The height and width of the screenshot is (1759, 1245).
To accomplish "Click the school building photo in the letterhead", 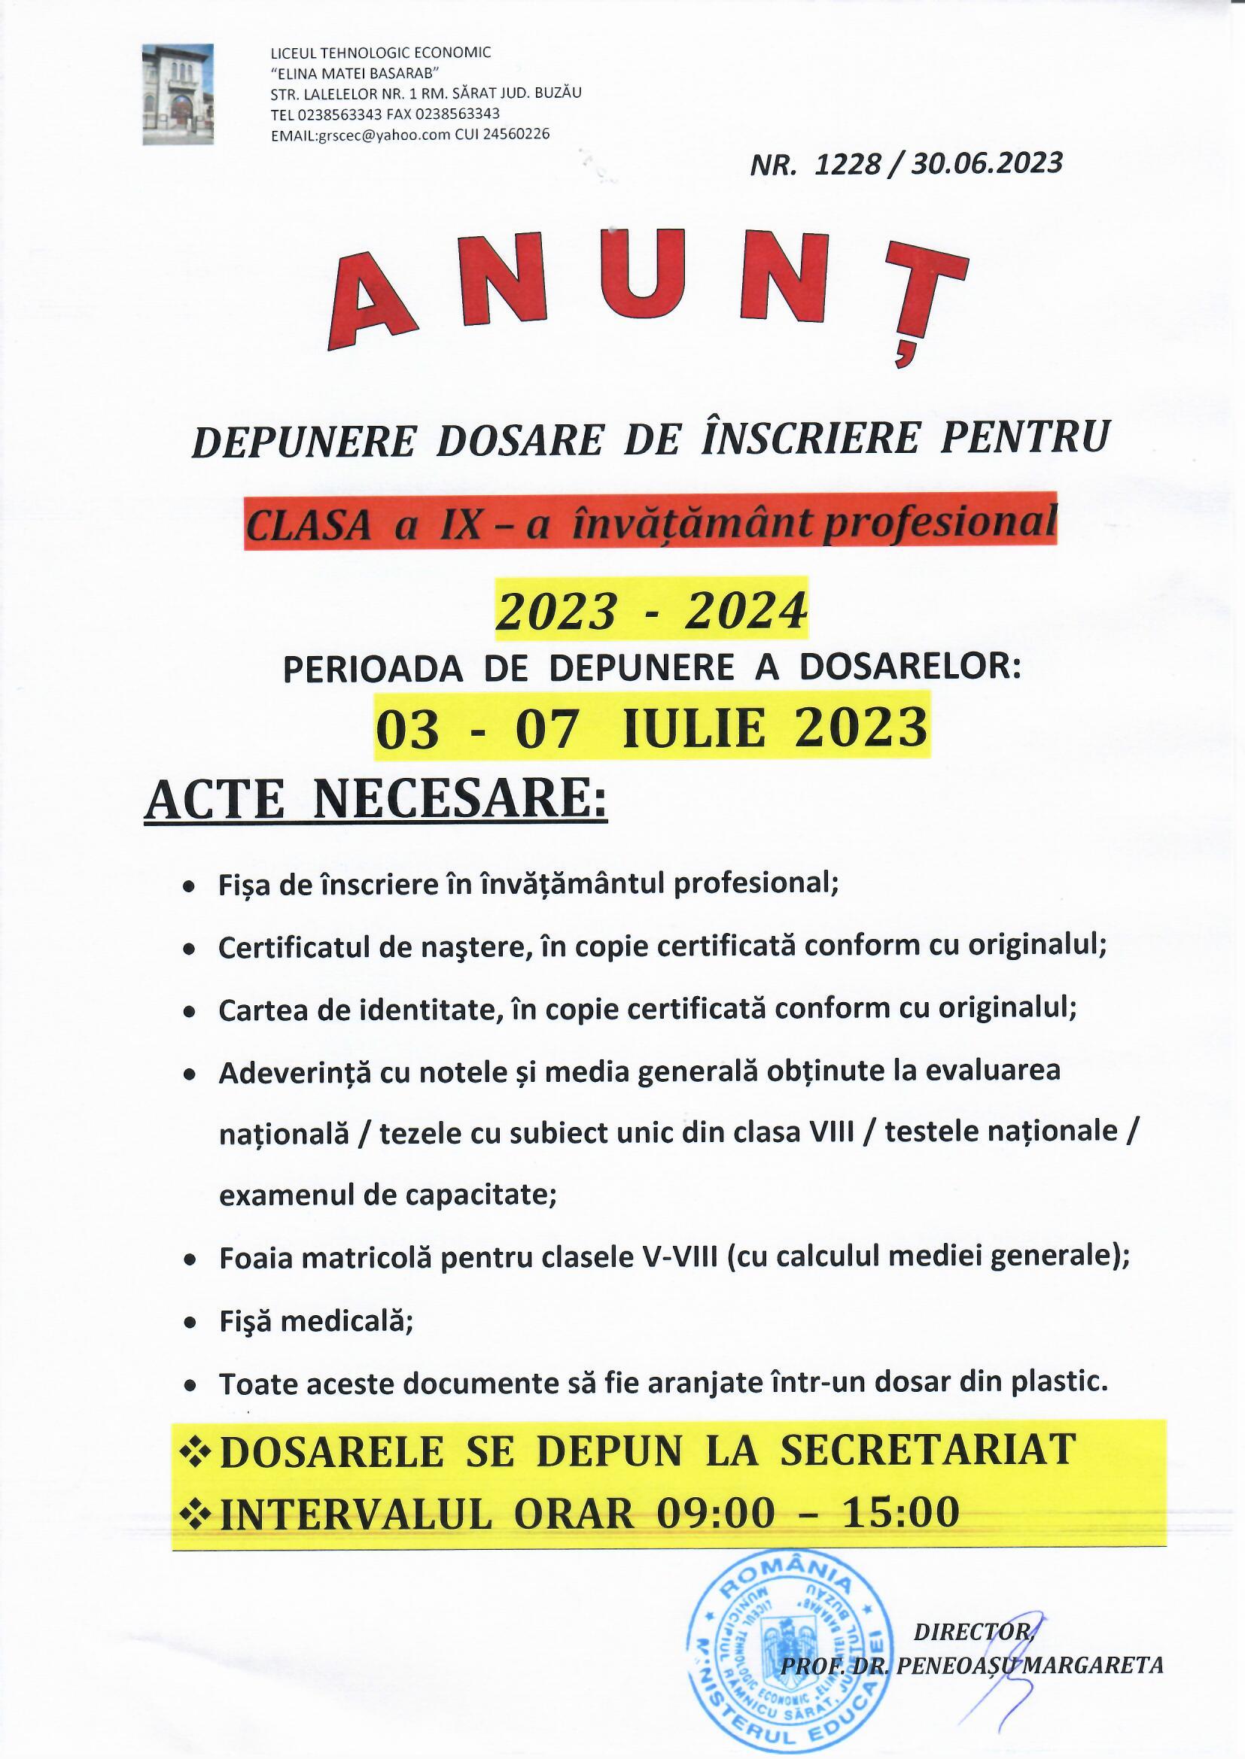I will click(x=178, y=94).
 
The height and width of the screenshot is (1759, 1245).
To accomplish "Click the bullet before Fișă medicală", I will click(x=190, y=1324).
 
